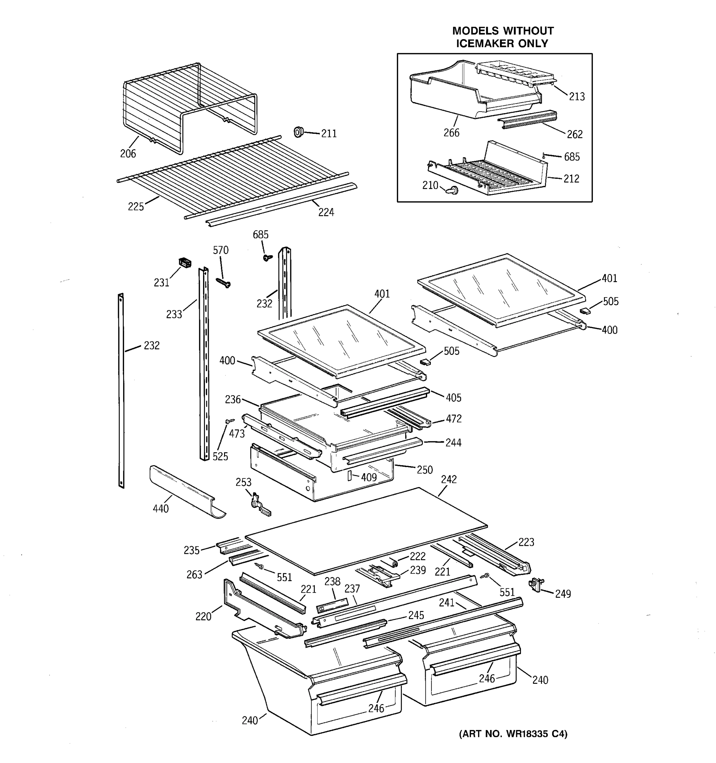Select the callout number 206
point(128,154)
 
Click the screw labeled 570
point(224,283)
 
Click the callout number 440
point(161,509)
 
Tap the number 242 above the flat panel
point(449,479)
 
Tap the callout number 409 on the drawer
point(369,478)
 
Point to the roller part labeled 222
point(393,563)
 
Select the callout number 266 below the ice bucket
point(451,133)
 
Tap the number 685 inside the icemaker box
point(572,157)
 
